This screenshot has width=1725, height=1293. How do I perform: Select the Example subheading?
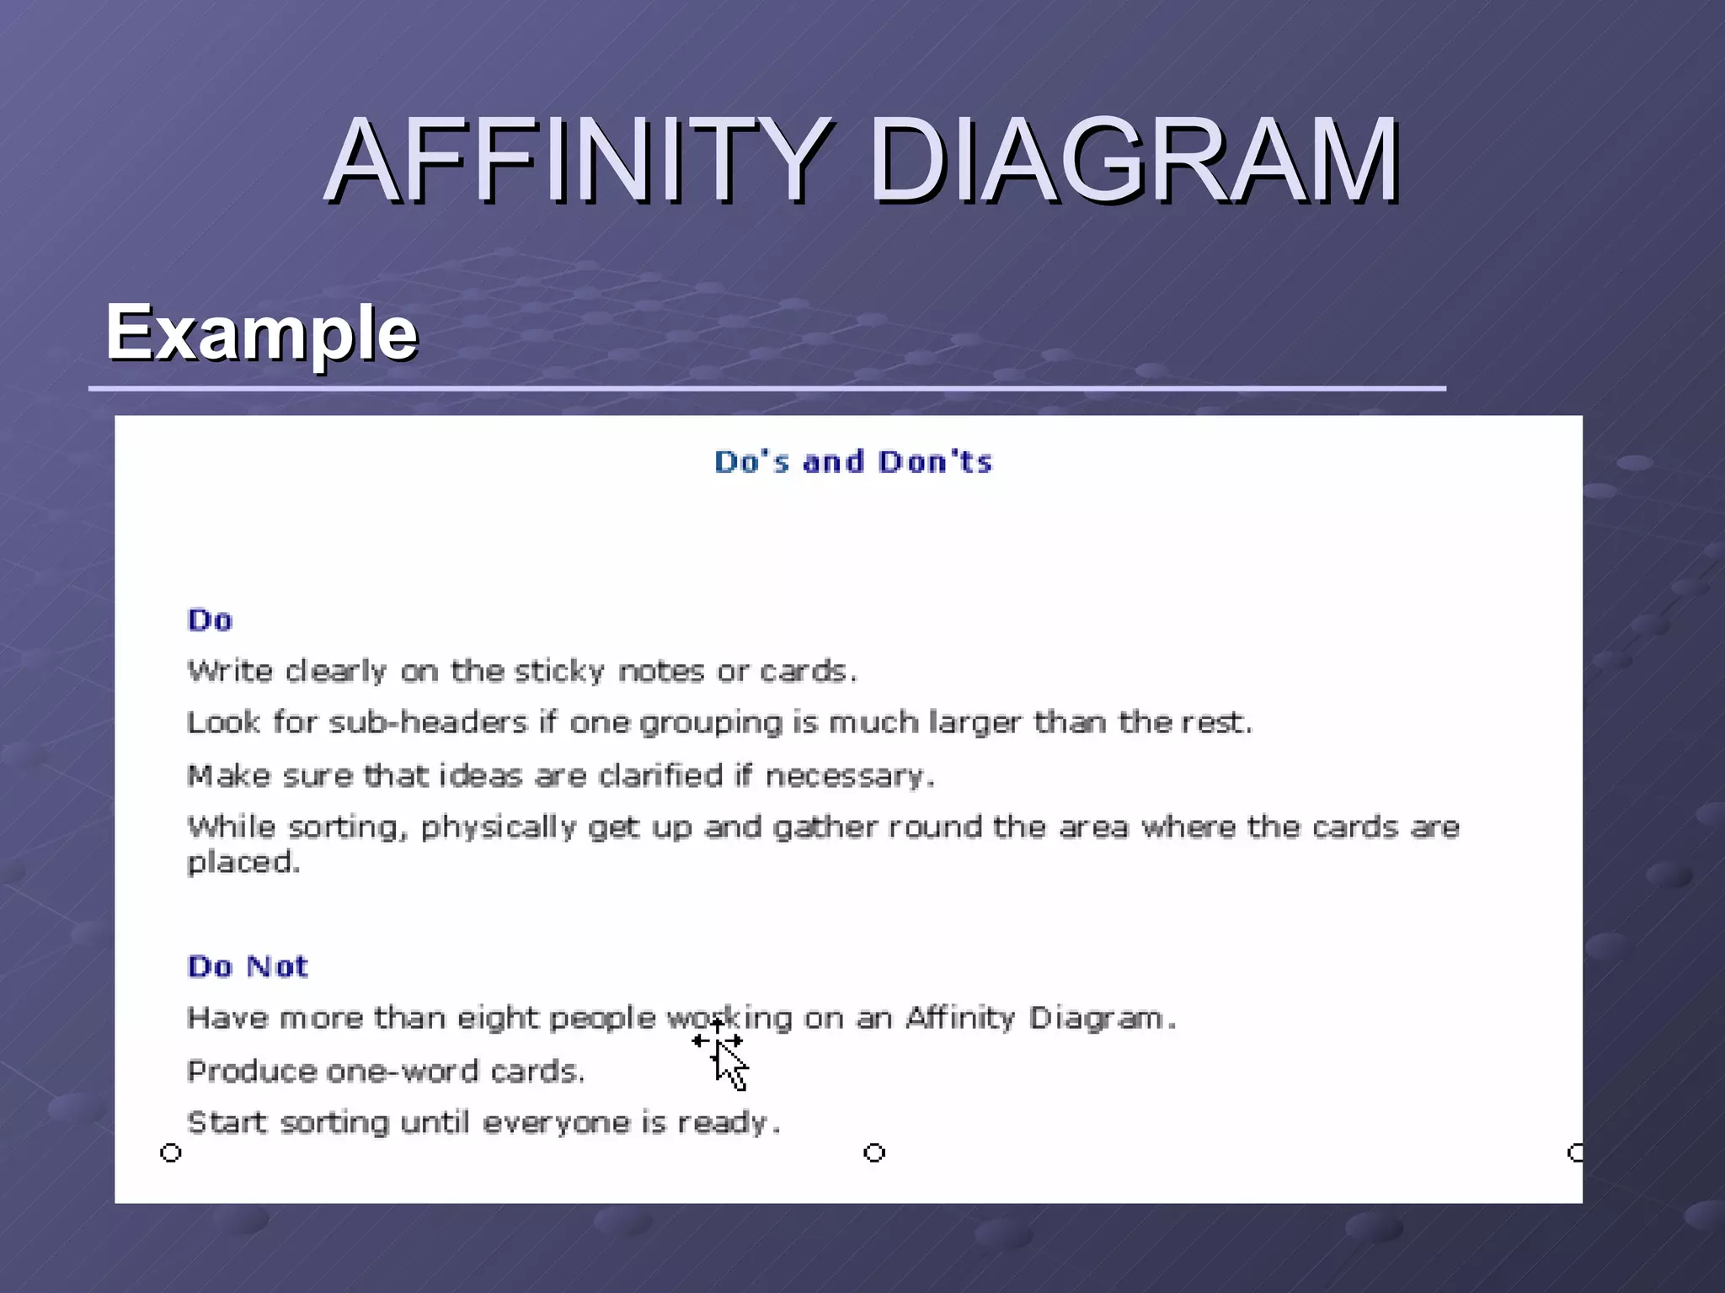(x=261, y=333)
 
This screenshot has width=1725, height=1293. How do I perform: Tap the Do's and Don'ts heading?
(x=853, y=462)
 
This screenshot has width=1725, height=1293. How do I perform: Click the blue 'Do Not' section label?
(x=248, y=966)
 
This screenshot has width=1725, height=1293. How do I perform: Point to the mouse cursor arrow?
(x=729, y=1065)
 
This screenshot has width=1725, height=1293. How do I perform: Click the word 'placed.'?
(x=243, y=863)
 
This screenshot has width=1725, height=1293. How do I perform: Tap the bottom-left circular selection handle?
(x=171, y=1152)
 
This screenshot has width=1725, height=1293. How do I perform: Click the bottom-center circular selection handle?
(x=874, y=1152)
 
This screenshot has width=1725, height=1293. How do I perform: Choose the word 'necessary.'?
(x=849, y=775)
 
